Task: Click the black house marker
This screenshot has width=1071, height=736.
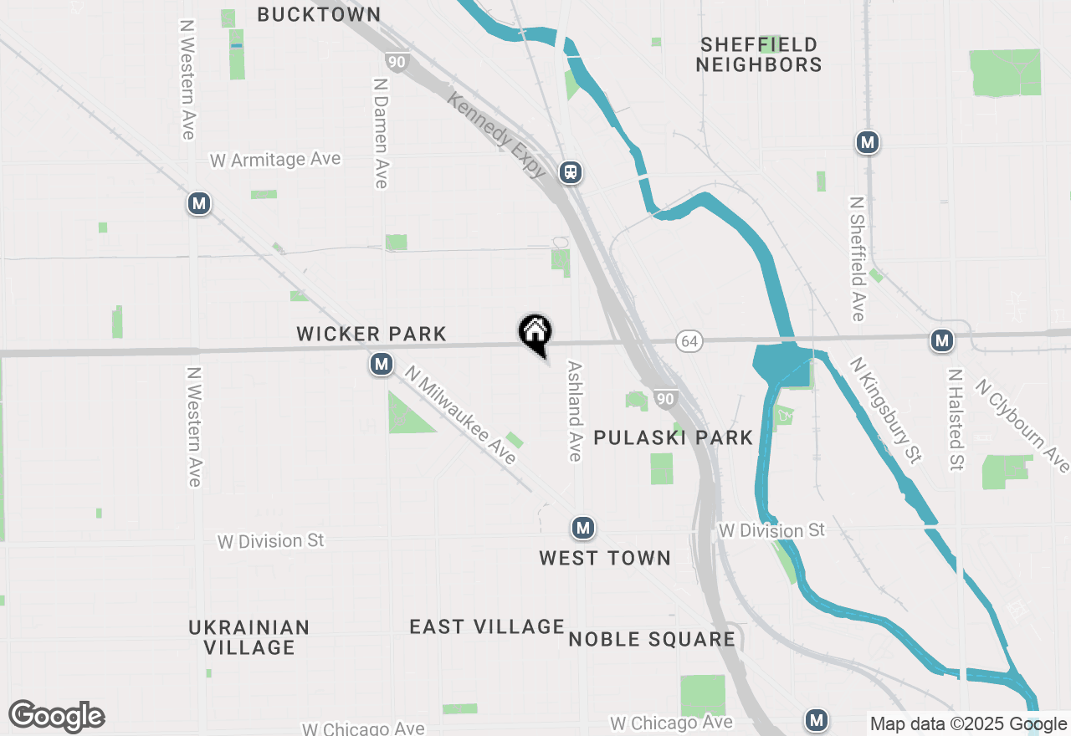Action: point(535,333)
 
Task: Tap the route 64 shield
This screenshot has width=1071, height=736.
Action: point(689,340)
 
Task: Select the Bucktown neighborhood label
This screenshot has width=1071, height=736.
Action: point(319,14)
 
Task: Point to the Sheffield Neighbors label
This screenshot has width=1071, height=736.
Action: point(759,54)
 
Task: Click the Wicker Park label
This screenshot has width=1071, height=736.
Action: point(372,334)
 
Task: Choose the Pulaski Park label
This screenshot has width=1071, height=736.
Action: point(673,437)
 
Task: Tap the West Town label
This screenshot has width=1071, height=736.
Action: point(604,558)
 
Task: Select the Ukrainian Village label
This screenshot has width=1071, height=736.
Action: point(249,637)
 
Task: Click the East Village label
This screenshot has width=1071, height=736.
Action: point(487,626)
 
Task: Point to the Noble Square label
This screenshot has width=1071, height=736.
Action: point(651,640)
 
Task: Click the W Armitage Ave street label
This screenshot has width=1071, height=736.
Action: point(275,159)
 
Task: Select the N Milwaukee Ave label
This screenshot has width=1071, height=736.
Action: point(460,414)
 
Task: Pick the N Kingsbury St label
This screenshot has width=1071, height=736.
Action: point(885,410)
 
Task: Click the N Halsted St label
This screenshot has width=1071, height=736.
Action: point(956,419)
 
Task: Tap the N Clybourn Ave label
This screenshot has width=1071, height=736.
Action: point(1022,426)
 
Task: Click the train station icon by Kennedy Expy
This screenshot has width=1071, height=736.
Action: point(571,172)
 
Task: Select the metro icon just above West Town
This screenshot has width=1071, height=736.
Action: point(582,528)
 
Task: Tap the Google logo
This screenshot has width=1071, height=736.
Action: point(56,717)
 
